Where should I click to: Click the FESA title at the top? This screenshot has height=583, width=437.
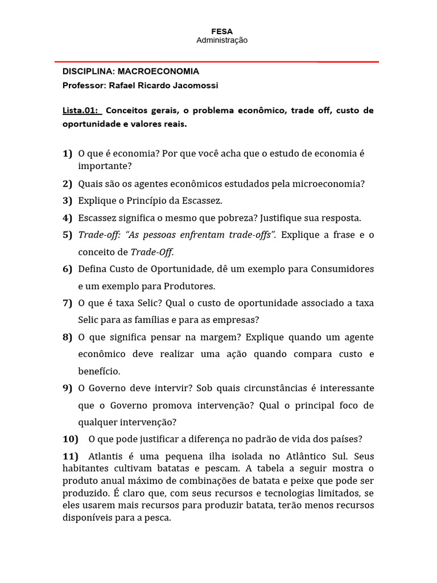[222, 31]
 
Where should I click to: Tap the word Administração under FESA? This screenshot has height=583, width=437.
[222, 40]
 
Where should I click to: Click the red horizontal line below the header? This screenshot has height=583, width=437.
[216, 61]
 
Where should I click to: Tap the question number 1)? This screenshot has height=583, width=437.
[67, 154]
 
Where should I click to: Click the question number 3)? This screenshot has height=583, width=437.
[67, 201]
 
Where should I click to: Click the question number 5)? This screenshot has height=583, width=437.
[67, 235]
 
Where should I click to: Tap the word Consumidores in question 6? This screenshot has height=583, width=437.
[342, 269]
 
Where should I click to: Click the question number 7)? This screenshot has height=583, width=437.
[67, 303]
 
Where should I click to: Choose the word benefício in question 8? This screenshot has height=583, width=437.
[99, 371]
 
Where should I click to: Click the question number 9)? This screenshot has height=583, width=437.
[67, 388]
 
